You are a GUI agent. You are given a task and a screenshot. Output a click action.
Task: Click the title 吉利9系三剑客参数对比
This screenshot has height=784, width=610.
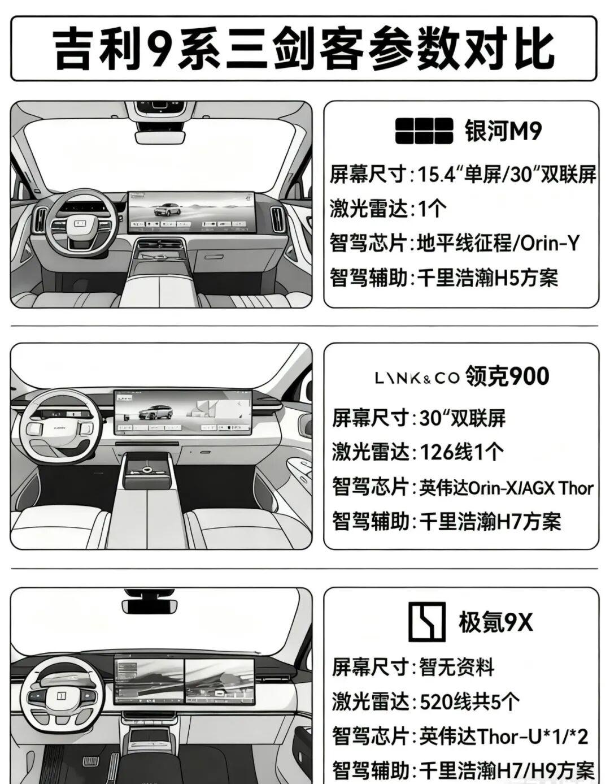coord(304,49)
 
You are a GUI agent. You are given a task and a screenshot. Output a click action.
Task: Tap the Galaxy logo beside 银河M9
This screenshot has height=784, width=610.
coord(424,130)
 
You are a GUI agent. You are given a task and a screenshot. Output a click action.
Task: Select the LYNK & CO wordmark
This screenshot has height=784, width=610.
coord(417,378)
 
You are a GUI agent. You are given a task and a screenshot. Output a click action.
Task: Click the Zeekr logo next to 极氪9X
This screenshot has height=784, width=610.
coord(426,622)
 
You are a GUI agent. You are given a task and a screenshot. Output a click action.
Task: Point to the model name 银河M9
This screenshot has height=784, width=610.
coord(503,131)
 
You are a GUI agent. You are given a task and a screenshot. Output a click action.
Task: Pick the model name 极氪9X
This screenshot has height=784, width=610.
coord(496,622)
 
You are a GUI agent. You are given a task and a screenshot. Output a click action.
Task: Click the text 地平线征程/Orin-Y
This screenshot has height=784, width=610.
coord(498,243)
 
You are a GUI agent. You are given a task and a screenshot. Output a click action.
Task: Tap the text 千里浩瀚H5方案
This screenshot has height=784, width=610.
coord(488,278)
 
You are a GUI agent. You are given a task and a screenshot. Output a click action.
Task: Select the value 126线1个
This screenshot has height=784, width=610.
coord(462,452)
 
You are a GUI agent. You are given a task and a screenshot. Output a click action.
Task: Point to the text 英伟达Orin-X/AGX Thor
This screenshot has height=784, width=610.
coord(506,488)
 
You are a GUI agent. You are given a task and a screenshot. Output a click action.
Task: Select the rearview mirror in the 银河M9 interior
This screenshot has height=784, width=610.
coord(160,137)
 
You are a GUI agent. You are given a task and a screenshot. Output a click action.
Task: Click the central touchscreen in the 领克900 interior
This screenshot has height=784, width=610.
coord(183,413)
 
